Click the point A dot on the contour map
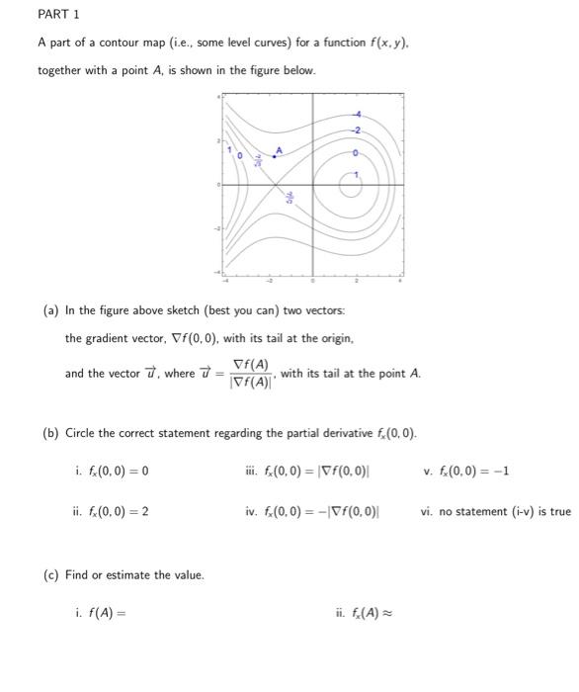(275, 156)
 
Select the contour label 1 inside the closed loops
(358, 175)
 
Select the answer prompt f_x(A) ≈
(366, 613)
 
